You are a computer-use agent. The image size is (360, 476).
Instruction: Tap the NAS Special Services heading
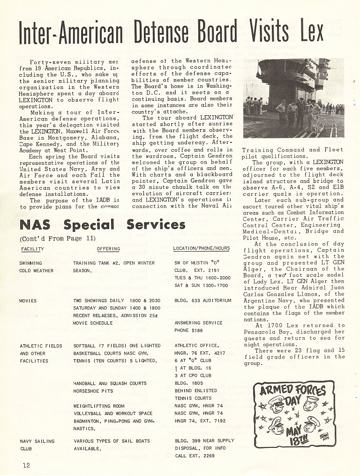pyautogui.click(x=102, y=225)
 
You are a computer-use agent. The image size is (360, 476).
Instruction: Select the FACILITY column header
pyautogui.click(x=32, y=249)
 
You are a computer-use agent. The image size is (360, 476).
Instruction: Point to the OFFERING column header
pyautogui.click(x=108, y=249)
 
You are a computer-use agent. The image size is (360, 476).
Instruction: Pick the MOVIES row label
pyautogui.click(x=28, y=300)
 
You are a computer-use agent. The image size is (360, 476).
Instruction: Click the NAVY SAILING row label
pyautogui.click(x=37, y=441)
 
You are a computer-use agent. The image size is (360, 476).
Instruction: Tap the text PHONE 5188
pyautogui.click(x=189, y=330)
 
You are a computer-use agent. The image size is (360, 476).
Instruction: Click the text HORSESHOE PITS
pyautogui.click(x=93, y=391)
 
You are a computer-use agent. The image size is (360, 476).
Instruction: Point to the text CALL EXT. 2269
pyautogui.click(x=195, y=456)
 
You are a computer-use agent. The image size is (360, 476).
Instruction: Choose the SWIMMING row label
pyautogui.click(x=30, y=263)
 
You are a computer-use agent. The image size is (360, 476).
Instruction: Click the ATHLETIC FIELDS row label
pyautogui.click(x=41, y=346)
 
